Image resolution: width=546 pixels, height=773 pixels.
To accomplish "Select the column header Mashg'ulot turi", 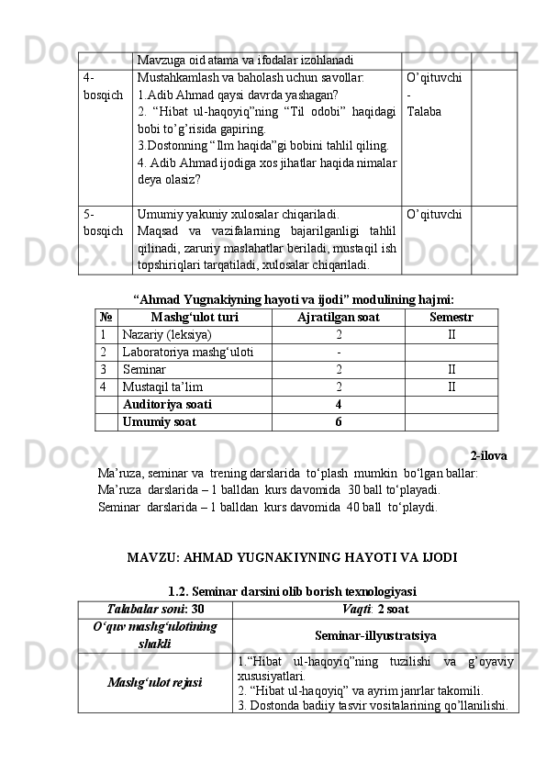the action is click(x=195, y=317).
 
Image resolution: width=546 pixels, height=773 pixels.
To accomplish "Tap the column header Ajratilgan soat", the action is click(x=339, y=317).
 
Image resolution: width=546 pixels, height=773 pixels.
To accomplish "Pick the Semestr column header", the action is click(x=451, y=317).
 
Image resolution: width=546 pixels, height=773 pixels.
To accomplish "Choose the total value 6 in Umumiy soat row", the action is click(x=339, y=421).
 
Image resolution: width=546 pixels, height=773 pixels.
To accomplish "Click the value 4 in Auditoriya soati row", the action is click(x=339, y=404).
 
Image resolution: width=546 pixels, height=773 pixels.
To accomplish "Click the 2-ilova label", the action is click(x=487, y=456).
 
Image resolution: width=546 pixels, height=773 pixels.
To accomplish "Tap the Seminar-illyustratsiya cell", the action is click(x=375, y=635).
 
